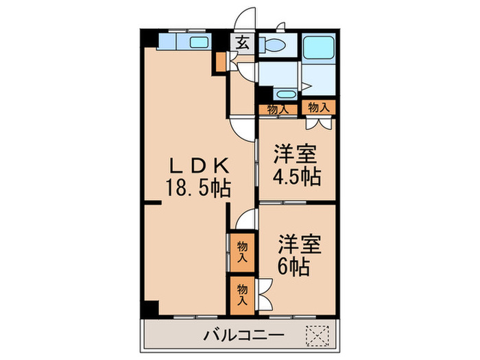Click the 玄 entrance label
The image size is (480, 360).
pyautogui.click(x=242, y=43)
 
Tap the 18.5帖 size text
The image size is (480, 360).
pyautogui.click(x=197, y=186)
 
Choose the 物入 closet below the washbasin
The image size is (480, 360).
pyautogui.click(x=276, y=108)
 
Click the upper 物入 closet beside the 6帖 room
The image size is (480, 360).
pyautogui.click(x=242, y=252)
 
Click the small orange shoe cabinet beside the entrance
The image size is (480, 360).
pyautogui.click(x=221, y=62)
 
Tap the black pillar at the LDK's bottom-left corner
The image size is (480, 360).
pyautogui.click(x=149, y=309)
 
